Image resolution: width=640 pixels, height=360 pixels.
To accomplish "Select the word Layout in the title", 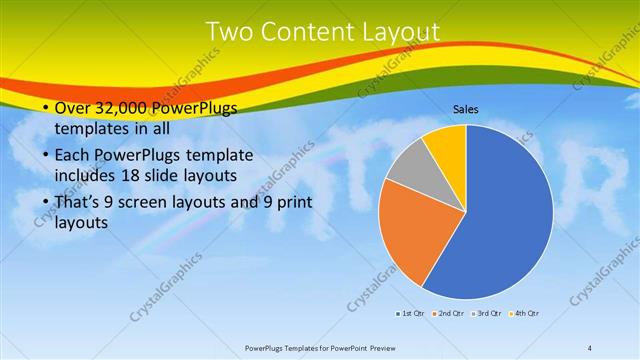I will [400, 33].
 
